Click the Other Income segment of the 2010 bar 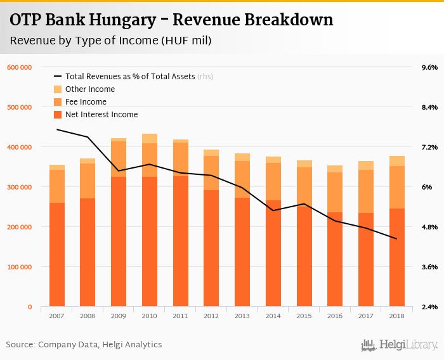[150, 138]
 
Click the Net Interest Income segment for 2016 [335, 259]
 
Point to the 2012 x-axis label [211, 315]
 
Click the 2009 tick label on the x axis [119, 315]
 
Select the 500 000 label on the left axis [19, 107]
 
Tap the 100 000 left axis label [19, 267]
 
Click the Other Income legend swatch [58, 89]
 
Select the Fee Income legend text [86, 102]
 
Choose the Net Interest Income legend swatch [58, 115]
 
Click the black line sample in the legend [58, 77]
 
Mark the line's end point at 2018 [397, 239]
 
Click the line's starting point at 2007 [57, 129]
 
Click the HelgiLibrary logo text [408, 345]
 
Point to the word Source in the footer [19, 345]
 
